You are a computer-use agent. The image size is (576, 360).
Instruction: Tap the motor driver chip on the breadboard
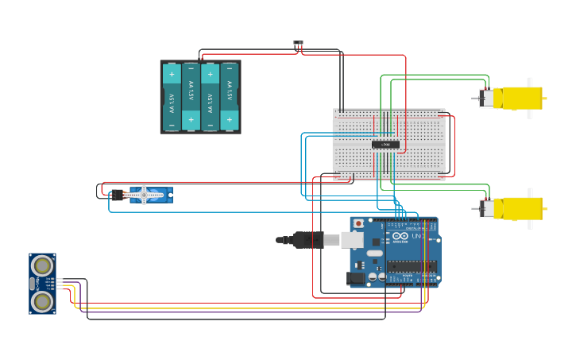(386, 144)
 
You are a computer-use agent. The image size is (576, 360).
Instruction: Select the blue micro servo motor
(150, 195)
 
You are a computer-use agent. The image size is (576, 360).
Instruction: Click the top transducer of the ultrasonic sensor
(42, 265)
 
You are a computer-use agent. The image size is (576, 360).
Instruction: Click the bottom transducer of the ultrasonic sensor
(42, 301)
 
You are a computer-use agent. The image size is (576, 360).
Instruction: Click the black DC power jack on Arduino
(356, 278)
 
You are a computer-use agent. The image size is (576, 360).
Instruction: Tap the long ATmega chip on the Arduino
(412, 266)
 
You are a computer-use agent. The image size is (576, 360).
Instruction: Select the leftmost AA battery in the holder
(172, 97)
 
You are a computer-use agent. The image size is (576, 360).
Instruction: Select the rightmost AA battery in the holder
(230, 97)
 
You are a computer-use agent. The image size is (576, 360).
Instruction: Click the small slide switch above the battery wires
(298, 43)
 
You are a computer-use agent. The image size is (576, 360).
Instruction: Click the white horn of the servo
(144, 195)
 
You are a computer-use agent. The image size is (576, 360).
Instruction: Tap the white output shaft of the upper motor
(530, 98)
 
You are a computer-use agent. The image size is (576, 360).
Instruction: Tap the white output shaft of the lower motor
(530, 209)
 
